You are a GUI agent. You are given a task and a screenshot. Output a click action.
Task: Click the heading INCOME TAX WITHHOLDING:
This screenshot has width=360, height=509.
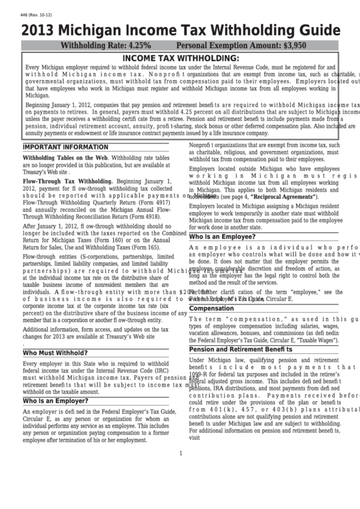tap(180, 58)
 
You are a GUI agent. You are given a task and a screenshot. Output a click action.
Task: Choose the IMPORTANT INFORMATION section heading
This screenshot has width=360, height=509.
tap(56, 146)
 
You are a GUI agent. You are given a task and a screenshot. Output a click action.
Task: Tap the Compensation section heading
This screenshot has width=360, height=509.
tap(211, 308)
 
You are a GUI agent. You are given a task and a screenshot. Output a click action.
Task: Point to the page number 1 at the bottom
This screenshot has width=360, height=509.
tap(180, 453)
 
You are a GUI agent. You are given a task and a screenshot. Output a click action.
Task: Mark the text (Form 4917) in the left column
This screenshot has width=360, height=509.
tap(152, 203)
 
